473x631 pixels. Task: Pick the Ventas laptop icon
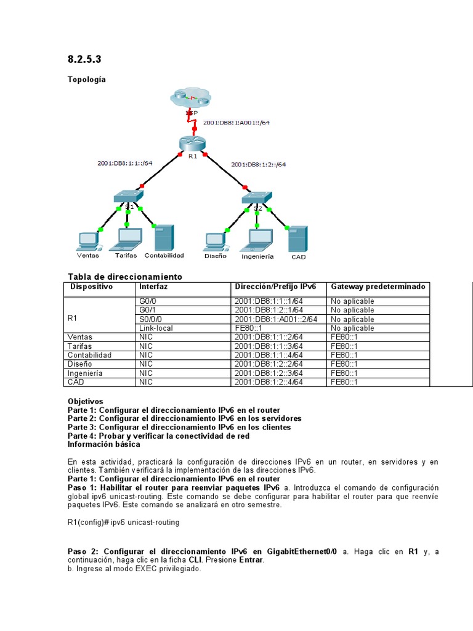pos(87,240)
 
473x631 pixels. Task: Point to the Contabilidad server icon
pos(164,237)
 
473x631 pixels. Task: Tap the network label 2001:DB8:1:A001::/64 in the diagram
pos(236,123)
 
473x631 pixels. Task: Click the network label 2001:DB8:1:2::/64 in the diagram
pos(258,165)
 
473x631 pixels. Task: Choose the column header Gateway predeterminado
pos(378,287)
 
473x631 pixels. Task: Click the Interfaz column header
pos(153,287)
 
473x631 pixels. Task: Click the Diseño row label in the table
pos(82,364)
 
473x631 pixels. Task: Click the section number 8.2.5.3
pos(84,60)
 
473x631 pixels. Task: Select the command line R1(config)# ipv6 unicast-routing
pos(124,523)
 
